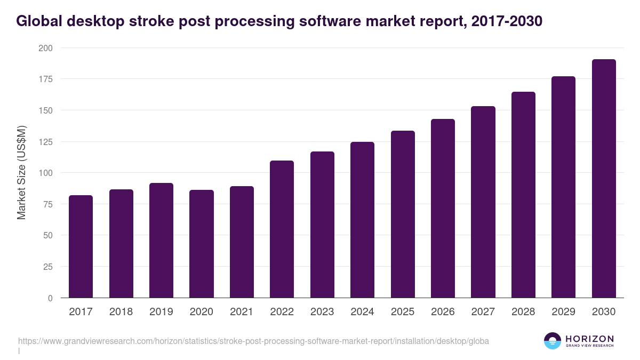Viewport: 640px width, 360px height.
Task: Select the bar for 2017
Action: [x=81, y=246]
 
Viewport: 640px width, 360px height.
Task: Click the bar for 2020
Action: [x=202, y=244]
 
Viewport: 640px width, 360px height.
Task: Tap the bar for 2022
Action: [x=282, y=229]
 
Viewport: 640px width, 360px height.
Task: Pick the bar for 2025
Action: [x=403, y=214]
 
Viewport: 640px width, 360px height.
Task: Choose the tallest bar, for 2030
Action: [x=604, y=179]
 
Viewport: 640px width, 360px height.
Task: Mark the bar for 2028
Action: [x=523, y=195]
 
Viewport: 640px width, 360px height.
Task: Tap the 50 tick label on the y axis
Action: [x=48, y=236]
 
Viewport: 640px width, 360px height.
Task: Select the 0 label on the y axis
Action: [x=50, y=298]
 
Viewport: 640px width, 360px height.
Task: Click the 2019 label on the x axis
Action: [x=161, y=312]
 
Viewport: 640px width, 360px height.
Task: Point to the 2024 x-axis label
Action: [x=362, y=312]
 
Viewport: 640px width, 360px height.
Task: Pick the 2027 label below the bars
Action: [x=483, y=312]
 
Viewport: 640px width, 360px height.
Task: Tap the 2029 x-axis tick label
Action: [x=563, y=312]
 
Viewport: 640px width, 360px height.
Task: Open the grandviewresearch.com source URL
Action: [x=253, y=341]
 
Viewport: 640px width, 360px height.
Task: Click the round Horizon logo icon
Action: [x=553, y=341]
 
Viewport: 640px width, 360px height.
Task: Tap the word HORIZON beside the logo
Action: [x=589, y=339]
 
